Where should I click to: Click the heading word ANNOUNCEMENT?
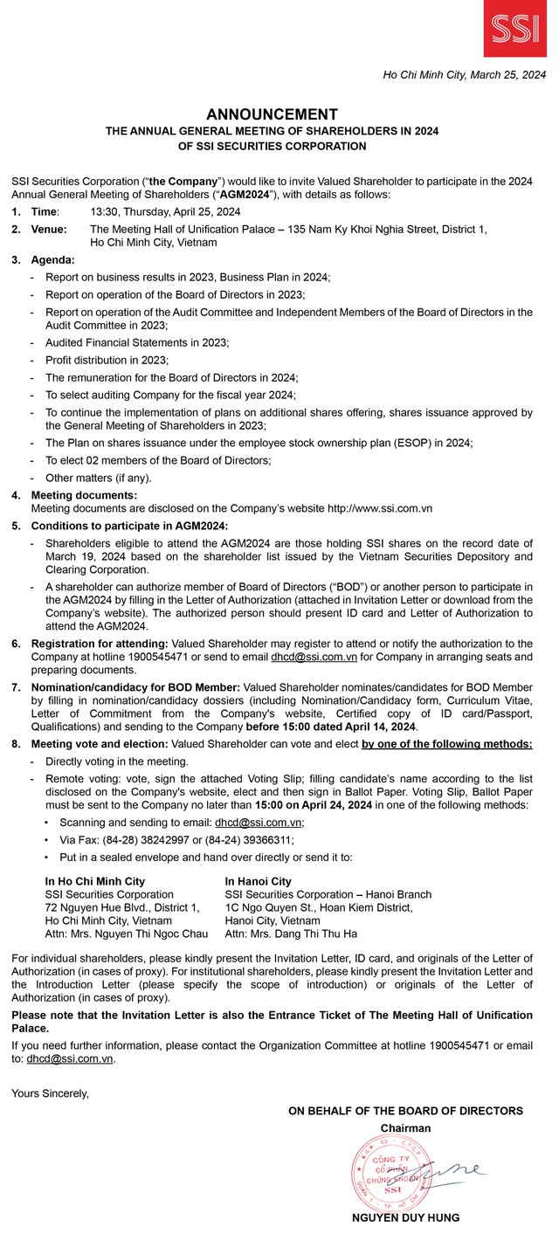(272, 114)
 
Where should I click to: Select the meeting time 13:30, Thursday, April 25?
(166, 212)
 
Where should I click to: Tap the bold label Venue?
(50, 229)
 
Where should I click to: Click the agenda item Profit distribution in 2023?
(107, 360)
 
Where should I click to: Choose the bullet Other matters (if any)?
(99, 478)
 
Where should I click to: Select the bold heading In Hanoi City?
(258, 881)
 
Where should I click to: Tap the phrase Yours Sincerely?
(51, 1092)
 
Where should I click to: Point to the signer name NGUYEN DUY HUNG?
(405, 1217)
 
